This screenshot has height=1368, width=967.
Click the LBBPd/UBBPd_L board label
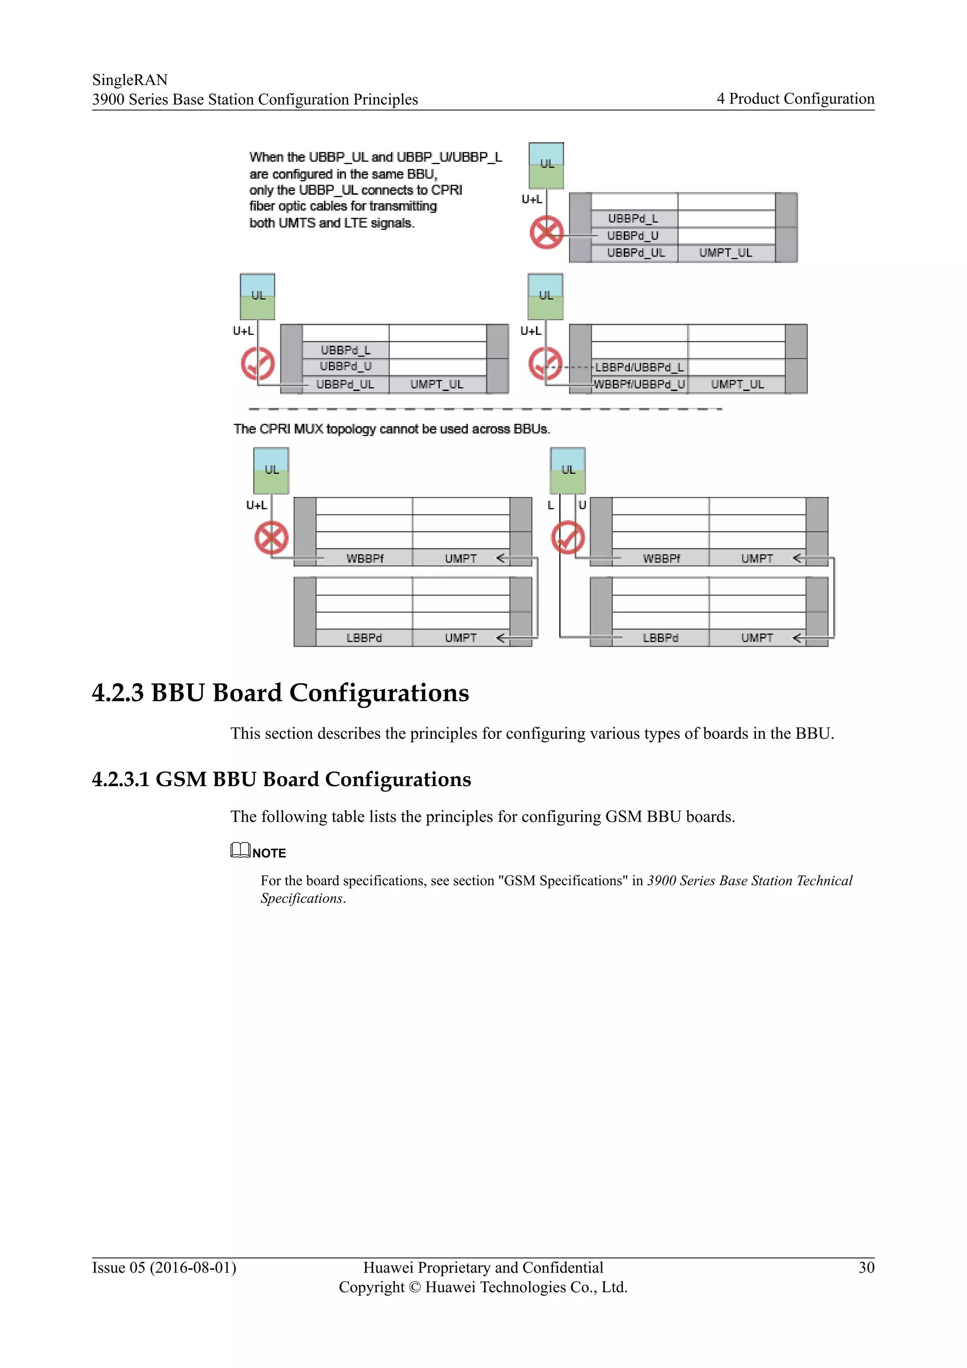(x=639, y=367)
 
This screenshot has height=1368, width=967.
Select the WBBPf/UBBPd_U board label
(x=639, y=385)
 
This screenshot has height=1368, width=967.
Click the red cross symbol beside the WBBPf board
(x=271, y=538)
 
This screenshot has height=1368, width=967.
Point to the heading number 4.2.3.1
(x=120, y=779)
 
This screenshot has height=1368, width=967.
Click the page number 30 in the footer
(x=866, y=1267)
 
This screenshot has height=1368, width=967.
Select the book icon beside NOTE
(x=240, y=850)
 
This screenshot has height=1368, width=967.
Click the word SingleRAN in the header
(x=130, y=80)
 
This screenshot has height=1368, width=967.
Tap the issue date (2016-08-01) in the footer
(x=193, y=1267)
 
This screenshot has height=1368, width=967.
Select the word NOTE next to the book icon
(x=269, y=853)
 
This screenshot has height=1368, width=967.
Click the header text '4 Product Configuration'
(x=795, y=99)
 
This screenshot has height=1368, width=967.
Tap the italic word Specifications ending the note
(x=301, y=898)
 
